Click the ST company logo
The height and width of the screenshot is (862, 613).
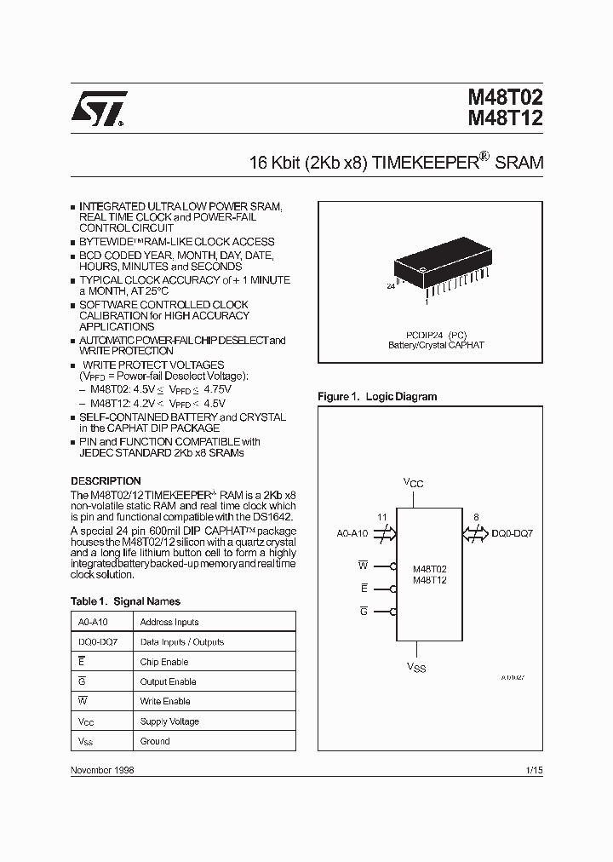pyautogui.click(x=98, y=109)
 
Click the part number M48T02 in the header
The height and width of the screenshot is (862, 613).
pyautogui.click(x=505, y=99)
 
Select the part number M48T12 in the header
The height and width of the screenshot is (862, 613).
pyautogui.click(x=505, y=119)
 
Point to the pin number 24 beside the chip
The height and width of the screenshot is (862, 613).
pyautogui.click(x=391, y=287)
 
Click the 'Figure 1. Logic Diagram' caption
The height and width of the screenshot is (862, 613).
pyautogui.click(x=377, y=397)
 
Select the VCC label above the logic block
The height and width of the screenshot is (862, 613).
pyautogui.click(x=413, y=483)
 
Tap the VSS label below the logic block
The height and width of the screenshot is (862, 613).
pyautogui.click(x=415, y=667)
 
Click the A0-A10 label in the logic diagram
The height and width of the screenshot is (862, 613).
pyautogui.click(x=352, y=534)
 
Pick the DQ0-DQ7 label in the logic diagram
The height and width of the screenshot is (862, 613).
pyautogui.click(x=514, y=534)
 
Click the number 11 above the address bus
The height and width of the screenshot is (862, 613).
pyautogui.click(x=381, y=516)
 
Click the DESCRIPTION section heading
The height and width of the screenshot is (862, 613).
pyautogui.click(x=106, y=481)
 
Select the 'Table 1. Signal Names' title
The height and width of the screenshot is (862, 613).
pyautogui.click(x=125, y=601)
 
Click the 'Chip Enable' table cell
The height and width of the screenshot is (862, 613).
pyautogui.click(x=164, y=662)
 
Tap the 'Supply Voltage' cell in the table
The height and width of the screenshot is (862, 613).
pyautogui.click(x=169, y=721)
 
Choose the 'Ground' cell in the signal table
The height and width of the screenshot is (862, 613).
pyautogui.click(x=155, y=741)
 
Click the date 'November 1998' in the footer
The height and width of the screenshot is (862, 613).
pyautogui.click(x=102, y=769)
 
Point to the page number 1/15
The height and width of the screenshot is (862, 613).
pyautogui.click(x=534, y=769)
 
